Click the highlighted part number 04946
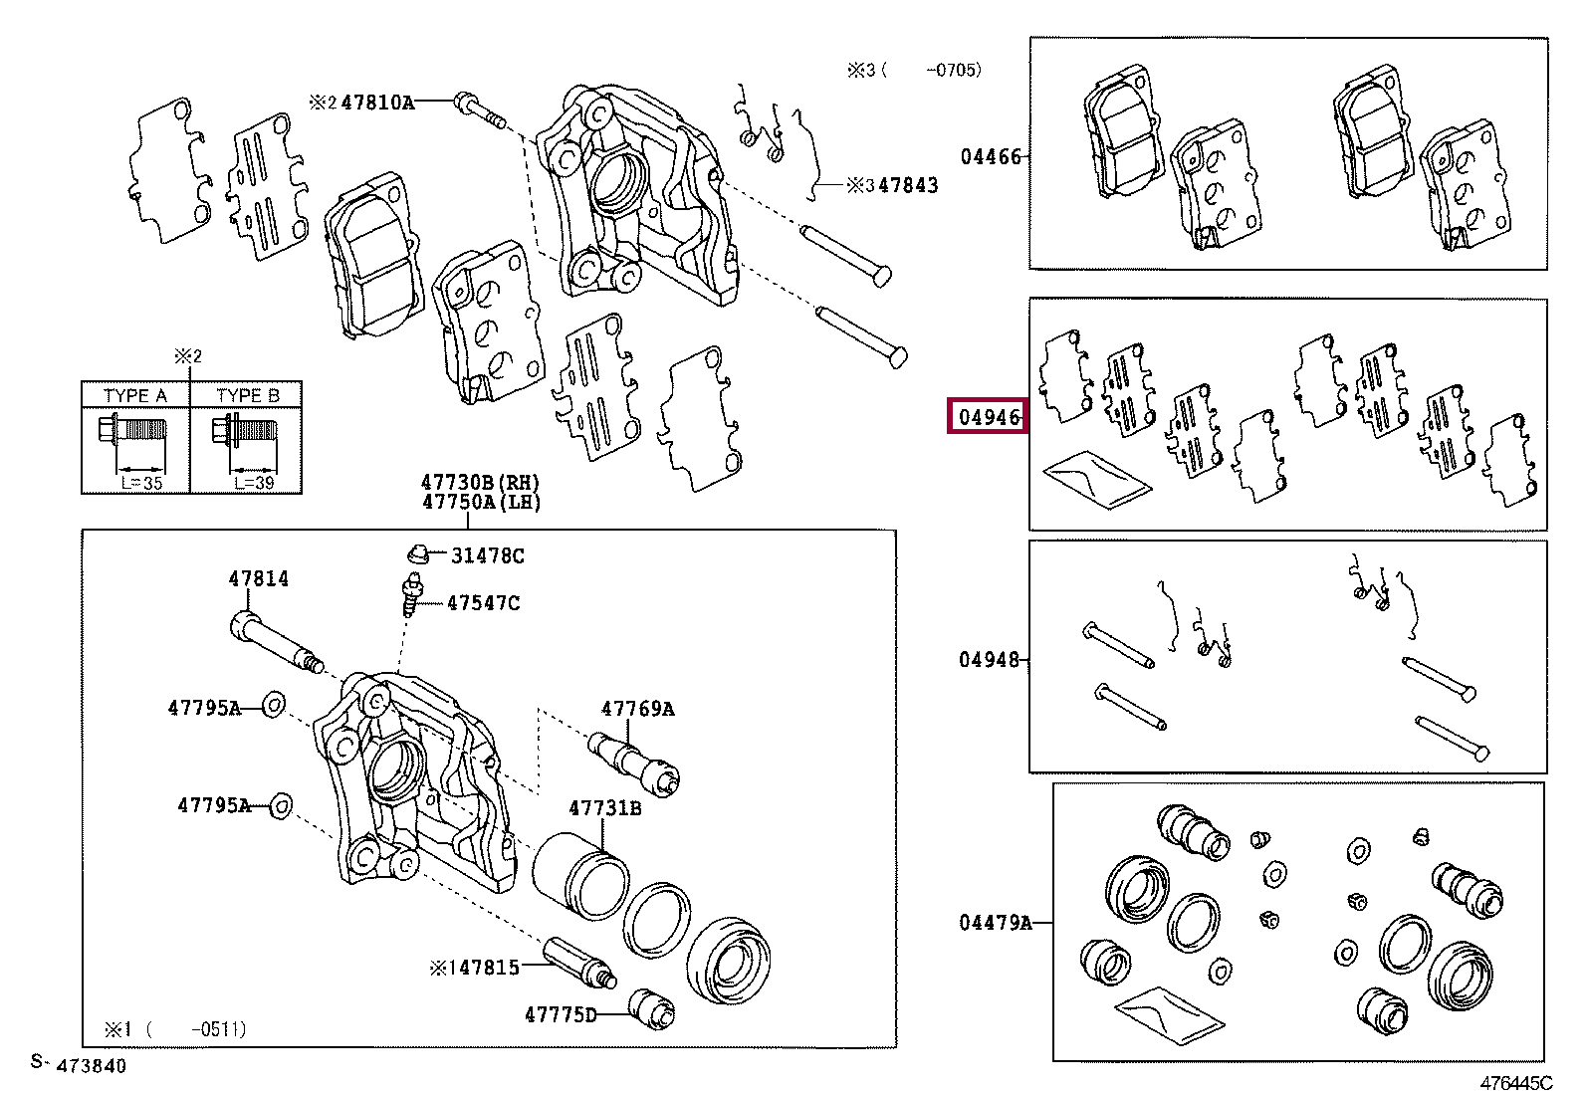click(989, 417)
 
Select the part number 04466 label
click(990, 156)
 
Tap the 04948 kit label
click(989, 660)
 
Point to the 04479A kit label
click(995, 923)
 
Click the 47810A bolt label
click(377, 103)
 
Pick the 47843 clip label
click(907, 185)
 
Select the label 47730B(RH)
click(481, 484)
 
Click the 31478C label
click(487, 555)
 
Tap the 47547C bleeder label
click(483, 603)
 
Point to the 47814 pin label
click(258, 578)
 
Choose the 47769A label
click(637, 709)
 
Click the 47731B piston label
click(604, 808)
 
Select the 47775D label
click(561, 1015)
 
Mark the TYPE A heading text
click(134, 395)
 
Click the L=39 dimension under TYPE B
click(254, 483)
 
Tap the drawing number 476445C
click(1515, 1083)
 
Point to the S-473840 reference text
click(79, 1065)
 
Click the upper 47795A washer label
click(204, 708)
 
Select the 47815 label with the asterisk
click(475, 968)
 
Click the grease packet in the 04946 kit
click(1096, 480)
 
